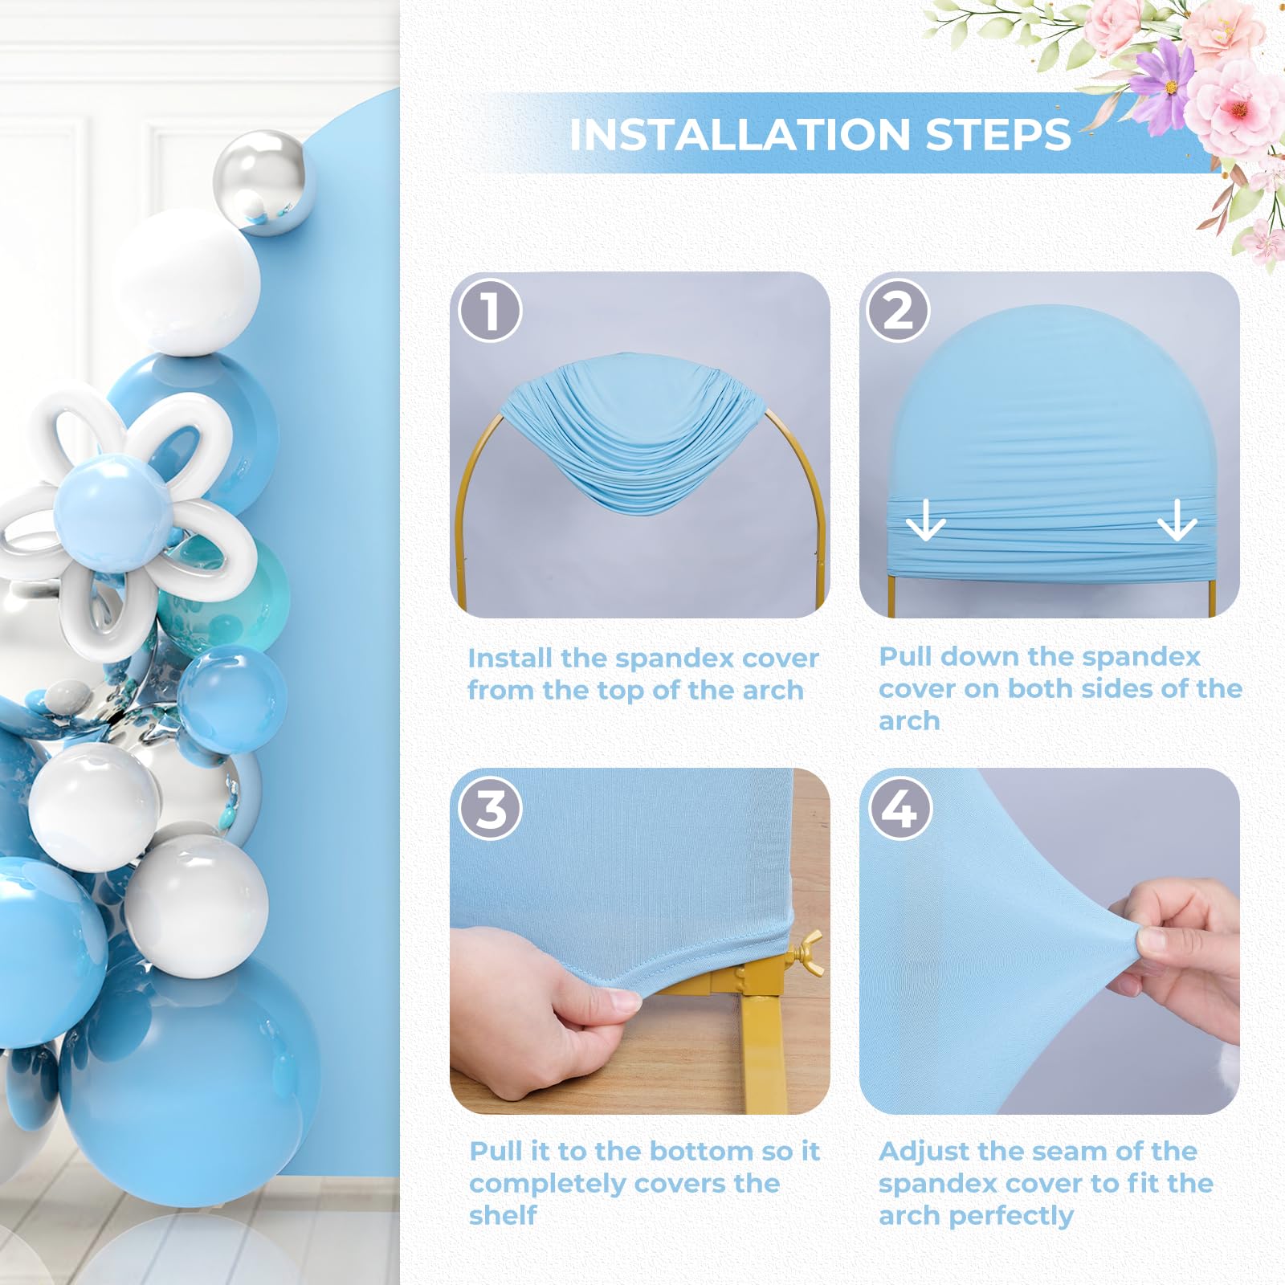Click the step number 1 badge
(x=490, y=311)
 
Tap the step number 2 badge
(x=898, y=311)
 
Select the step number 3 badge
(x=490, y=809)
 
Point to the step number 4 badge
(x=899, y=809)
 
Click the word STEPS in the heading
(x=998, y=134)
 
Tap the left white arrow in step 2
(x=925, y=520)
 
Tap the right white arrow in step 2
(x=1177, y=520)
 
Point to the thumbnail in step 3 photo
(x=622, y=999)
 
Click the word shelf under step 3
(x=503, y=1216)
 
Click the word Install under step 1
(x=510, y=658)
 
